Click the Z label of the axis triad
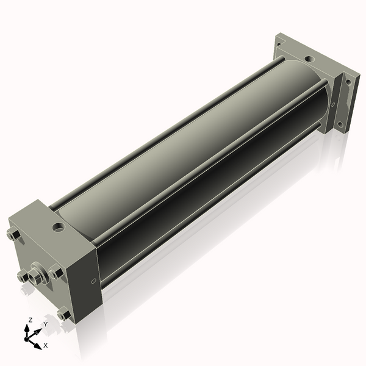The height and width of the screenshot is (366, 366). point(30,320)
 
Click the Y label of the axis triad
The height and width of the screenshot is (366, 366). point(46,324)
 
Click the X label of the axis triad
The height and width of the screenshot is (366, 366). point(46,345)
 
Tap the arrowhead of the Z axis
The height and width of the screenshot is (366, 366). point(27,329)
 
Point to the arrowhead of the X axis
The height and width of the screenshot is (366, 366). point(38,346)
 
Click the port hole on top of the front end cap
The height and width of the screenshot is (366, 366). point(59,228)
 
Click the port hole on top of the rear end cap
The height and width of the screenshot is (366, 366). point(309,59)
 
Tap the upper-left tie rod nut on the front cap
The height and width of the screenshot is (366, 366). point(13,234)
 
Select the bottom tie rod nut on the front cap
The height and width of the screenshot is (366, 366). point(64,314)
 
